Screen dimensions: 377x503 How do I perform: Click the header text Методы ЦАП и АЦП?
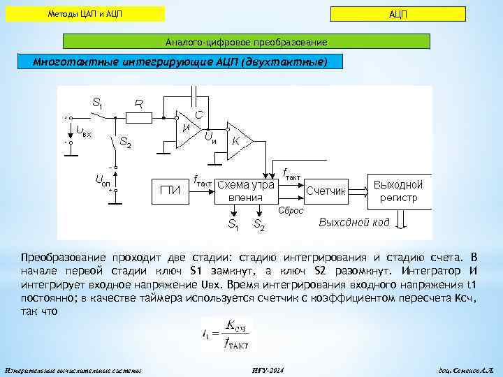coord(87,14)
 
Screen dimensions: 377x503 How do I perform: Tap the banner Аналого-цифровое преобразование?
coord(246,42)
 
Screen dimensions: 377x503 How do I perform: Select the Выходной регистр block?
coord(398,191)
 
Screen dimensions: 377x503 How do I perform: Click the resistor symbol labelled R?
coord(139,119)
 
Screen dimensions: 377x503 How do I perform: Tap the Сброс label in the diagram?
coord(290,211)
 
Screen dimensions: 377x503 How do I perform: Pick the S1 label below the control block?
coord(233,224)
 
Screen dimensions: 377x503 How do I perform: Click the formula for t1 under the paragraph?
coord(225,332)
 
